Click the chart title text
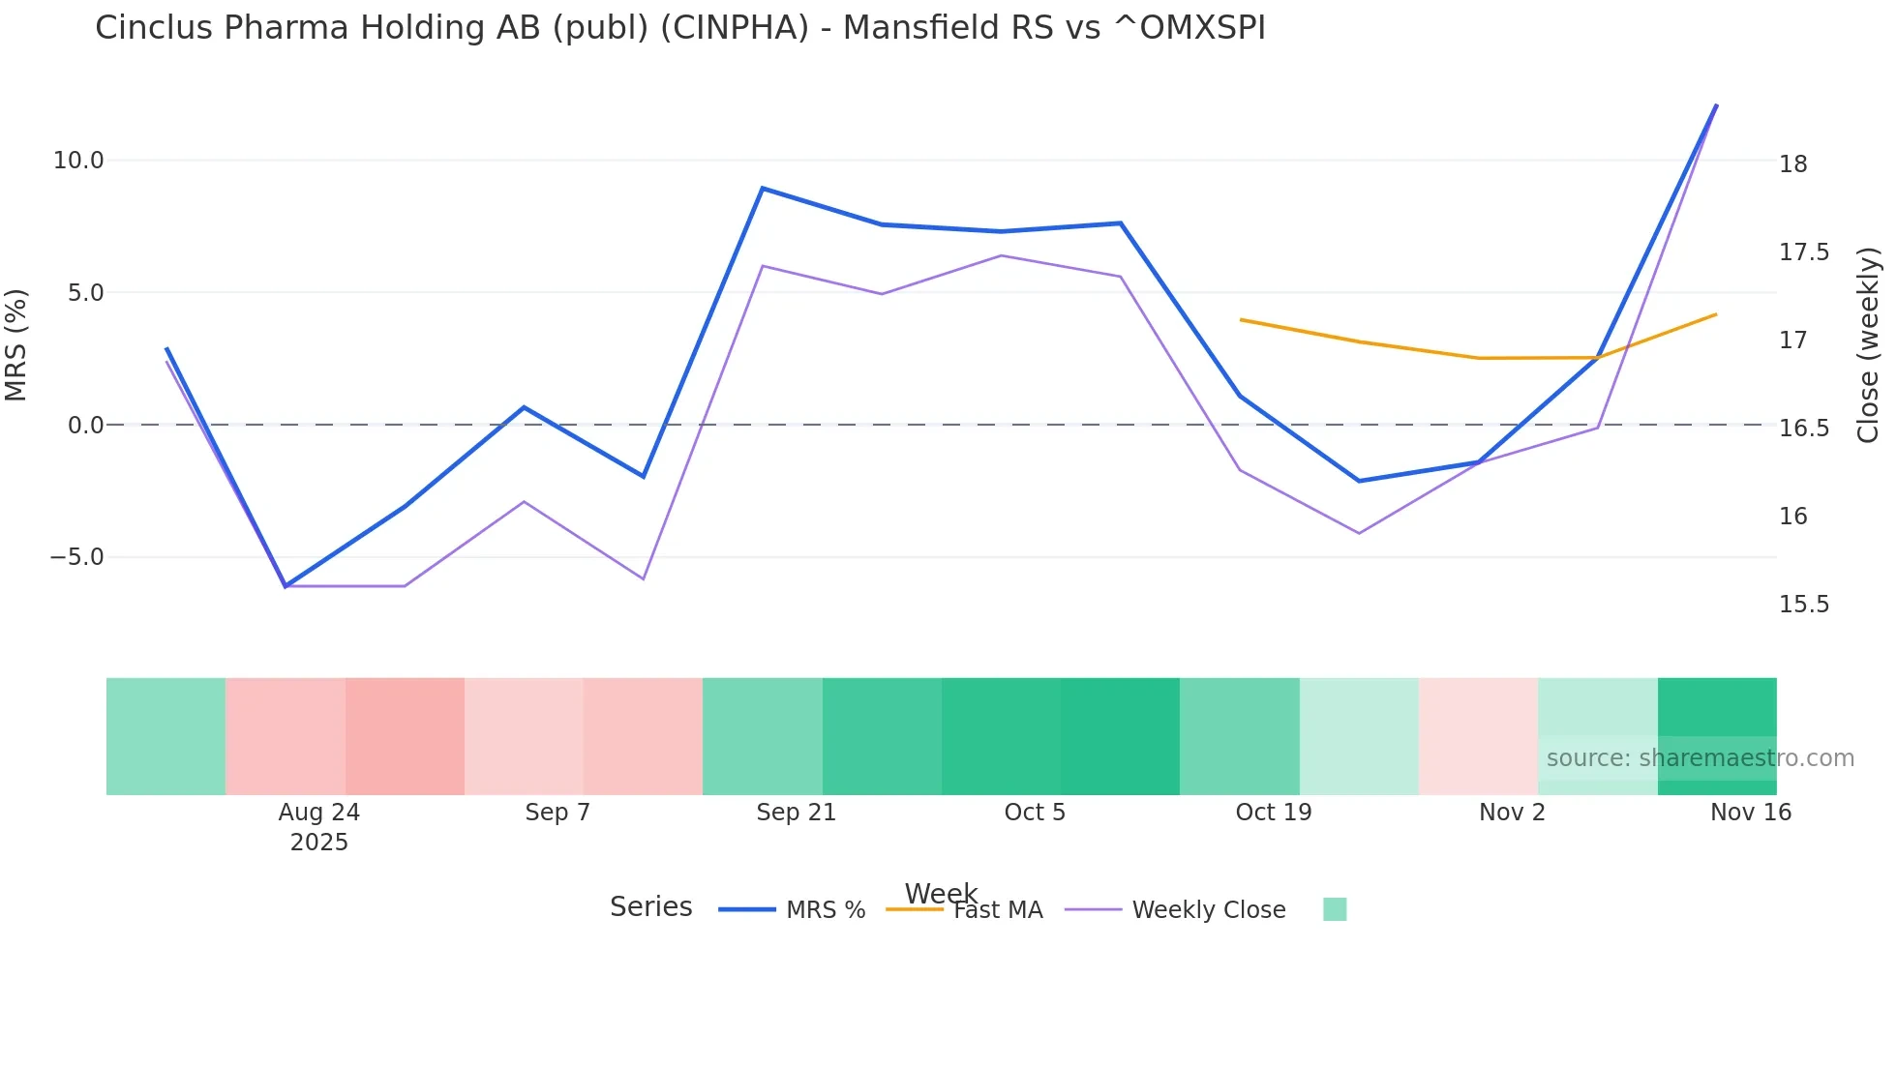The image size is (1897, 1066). (679, 28)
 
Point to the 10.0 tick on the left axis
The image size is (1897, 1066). (78, 161)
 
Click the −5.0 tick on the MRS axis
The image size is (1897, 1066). (76, 557)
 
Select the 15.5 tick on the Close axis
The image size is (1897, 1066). (1803, 605)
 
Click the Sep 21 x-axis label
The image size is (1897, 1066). (796, 813)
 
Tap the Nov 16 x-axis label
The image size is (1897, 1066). (1750, 813)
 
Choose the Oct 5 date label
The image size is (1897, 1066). (1034, 813)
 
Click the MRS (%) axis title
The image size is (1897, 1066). (16, 344)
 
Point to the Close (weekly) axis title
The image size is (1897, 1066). (1868, 344)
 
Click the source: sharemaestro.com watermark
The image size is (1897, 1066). (1700, 758)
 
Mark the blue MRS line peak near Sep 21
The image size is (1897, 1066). (763, 188)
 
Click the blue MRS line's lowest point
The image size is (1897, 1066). (286, 586)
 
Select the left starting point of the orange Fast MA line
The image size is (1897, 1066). (1241, 319)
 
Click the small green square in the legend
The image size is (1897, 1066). (1335, 909)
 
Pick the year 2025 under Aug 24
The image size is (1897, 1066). (318, 843)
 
